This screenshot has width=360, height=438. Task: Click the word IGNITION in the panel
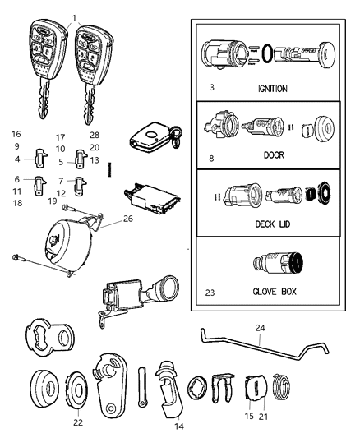271,88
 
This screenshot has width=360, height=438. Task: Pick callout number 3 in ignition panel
213,87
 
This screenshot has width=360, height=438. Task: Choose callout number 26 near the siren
127,219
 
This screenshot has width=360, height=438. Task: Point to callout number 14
178,427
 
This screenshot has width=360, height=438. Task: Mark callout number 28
95,134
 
